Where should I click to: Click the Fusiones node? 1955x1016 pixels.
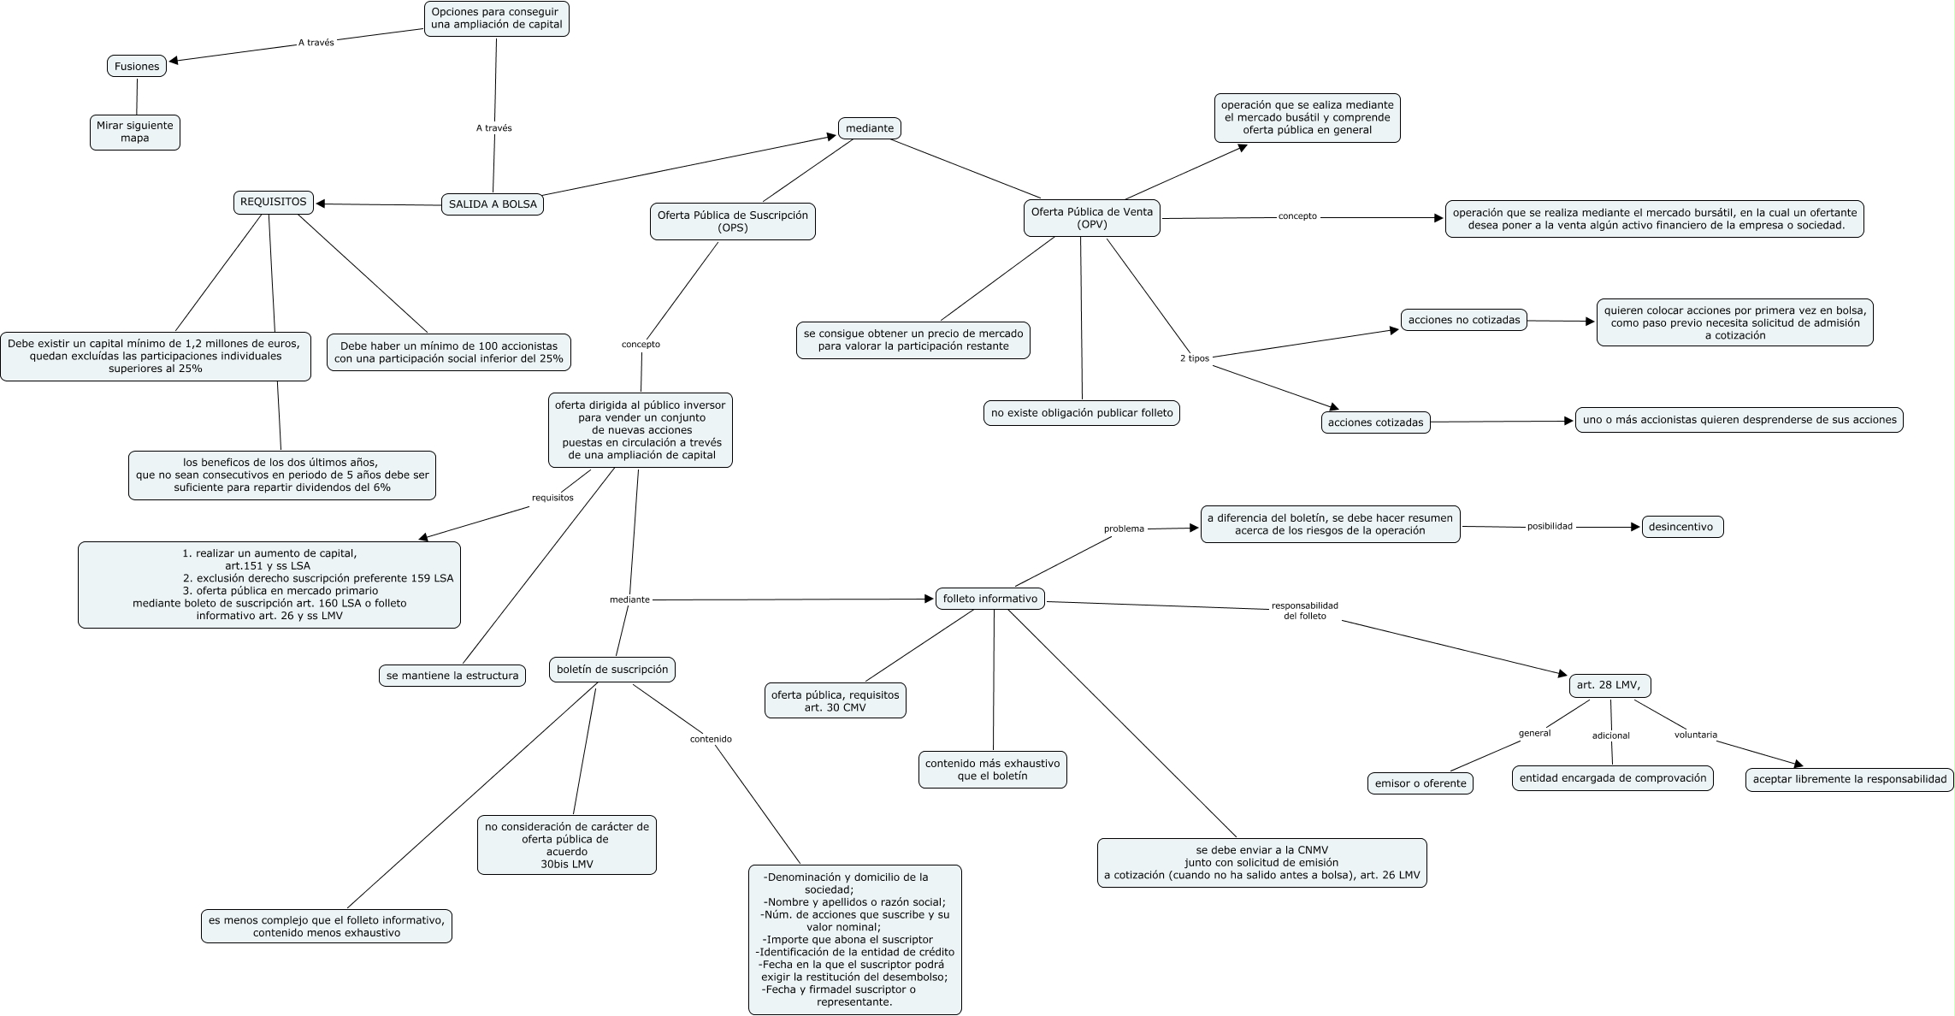click(137, 67)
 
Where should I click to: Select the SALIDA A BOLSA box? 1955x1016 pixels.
click(493, 204)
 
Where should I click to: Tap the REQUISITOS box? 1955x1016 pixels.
click(274, 203)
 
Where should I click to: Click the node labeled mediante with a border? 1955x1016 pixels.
click(869, 128)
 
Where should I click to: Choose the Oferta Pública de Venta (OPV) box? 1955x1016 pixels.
click(1091, 218)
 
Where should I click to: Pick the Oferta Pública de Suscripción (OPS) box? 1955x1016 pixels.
click(732, 222)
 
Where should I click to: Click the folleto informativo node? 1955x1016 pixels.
click(990, 600)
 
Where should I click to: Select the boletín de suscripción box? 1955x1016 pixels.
click(612, 670)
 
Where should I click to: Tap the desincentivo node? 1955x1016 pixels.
click(1681, 527)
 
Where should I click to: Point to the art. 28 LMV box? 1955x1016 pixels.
click(1609, 685)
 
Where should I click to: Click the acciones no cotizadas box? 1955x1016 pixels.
click(1464, 320)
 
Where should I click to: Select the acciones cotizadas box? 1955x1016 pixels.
click(1375, 422)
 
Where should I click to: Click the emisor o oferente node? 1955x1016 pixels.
click(1420, 783)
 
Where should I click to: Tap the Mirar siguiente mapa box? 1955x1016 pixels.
click(135, 132)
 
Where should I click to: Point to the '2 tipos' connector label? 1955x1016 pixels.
click(1194, 358)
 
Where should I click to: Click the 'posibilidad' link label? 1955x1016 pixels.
click(1550, 527)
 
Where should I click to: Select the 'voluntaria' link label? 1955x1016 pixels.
click(1695, 735)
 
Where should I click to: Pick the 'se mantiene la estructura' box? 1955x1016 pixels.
click(452, 676)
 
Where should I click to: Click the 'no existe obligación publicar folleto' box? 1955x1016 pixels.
click(1082, 413)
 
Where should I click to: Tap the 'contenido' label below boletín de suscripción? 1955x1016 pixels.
click(711, 739)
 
